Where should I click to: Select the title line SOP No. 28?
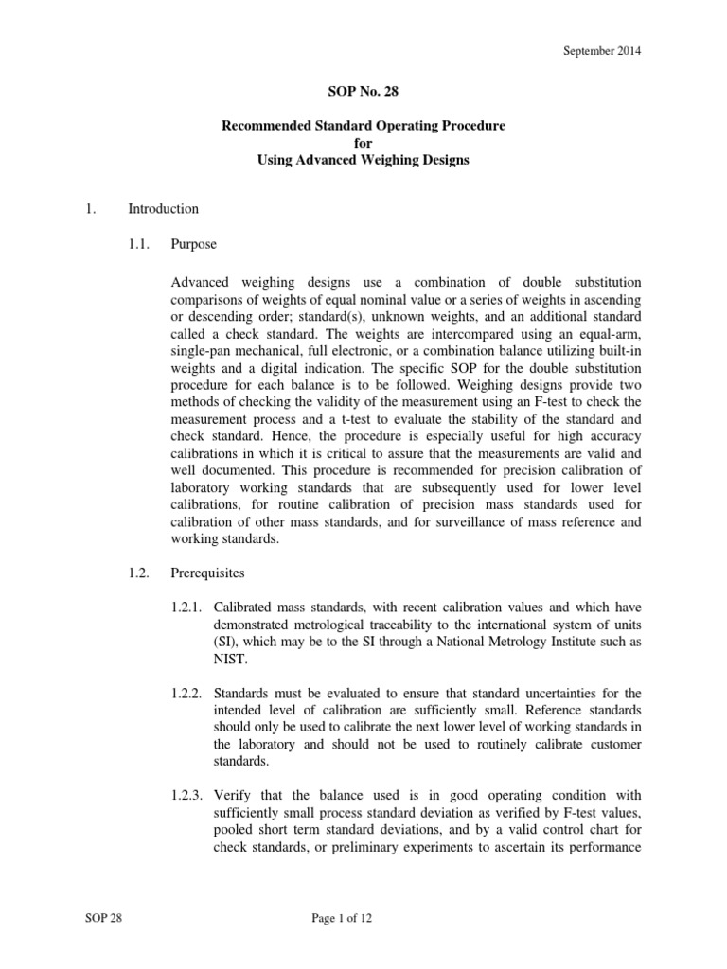coord(363,97)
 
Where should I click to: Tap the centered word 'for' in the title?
coord(363,143)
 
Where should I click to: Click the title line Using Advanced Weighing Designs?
coord(363,160)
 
